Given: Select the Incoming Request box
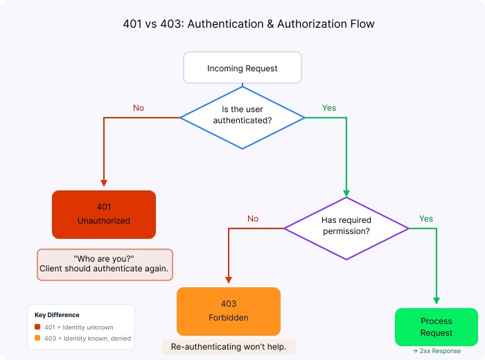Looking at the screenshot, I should (x=242, y=69).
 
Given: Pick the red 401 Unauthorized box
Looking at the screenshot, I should (x=104, y=214).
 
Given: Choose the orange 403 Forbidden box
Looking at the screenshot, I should (x=229, y=311).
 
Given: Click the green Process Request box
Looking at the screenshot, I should (x=436, y=327).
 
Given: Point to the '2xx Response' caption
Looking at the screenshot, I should (x=436, y=351).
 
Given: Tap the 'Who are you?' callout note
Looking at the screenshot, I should (x=104, y=264).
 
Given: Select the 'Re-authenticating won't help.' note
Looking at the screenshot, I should (x=229, y=346).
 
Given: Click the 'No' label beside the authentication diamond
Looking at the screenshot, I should (x=139, y=108).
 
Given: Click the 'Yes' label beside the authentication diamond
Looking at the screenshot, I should (x=329, y=108).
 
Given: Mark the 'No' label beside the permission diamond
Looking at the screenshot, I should (x=253, y=219).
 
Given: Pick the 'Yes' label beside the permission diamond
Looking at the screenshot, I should (x=426, y=219).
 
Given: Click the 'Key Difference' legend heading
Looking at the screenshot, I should (x=57, y=315).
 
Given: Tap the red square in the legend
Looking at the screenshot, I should (x=37, y=327).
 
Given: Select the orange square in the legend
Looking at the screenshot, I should (x=37, y=339).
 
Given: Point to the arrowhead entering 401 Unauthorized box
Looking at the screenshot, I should (x=104, y=184).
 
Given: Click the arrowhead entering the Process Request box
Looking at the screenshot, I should (x=436, y=302).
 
